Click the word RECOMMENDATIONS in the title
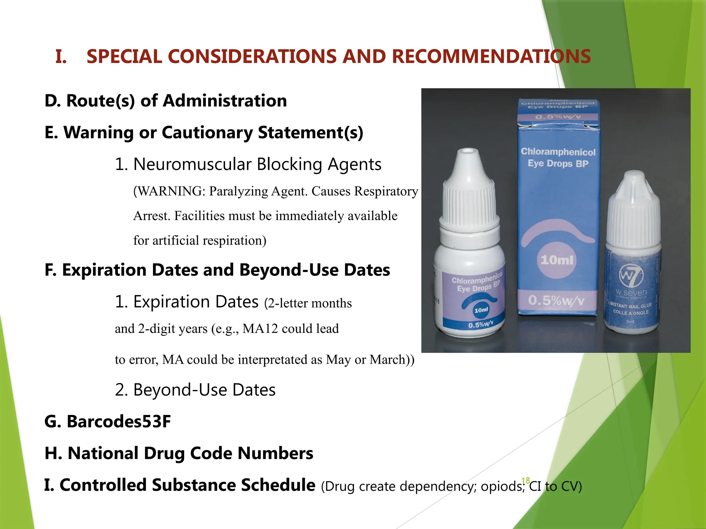point(491,56)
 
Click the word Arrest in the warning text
point(151,216)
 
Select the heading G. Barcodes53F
point(108,422)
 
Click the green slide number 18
point(526,481)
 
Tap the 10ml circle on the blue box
point(557,260)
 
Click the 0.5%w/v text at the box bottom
point(556,301)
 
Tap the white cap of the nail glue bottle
point(634,210)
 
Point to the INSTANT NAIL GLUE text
point(631,305)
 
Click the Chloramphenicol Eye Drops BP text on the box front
point(558,157)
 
